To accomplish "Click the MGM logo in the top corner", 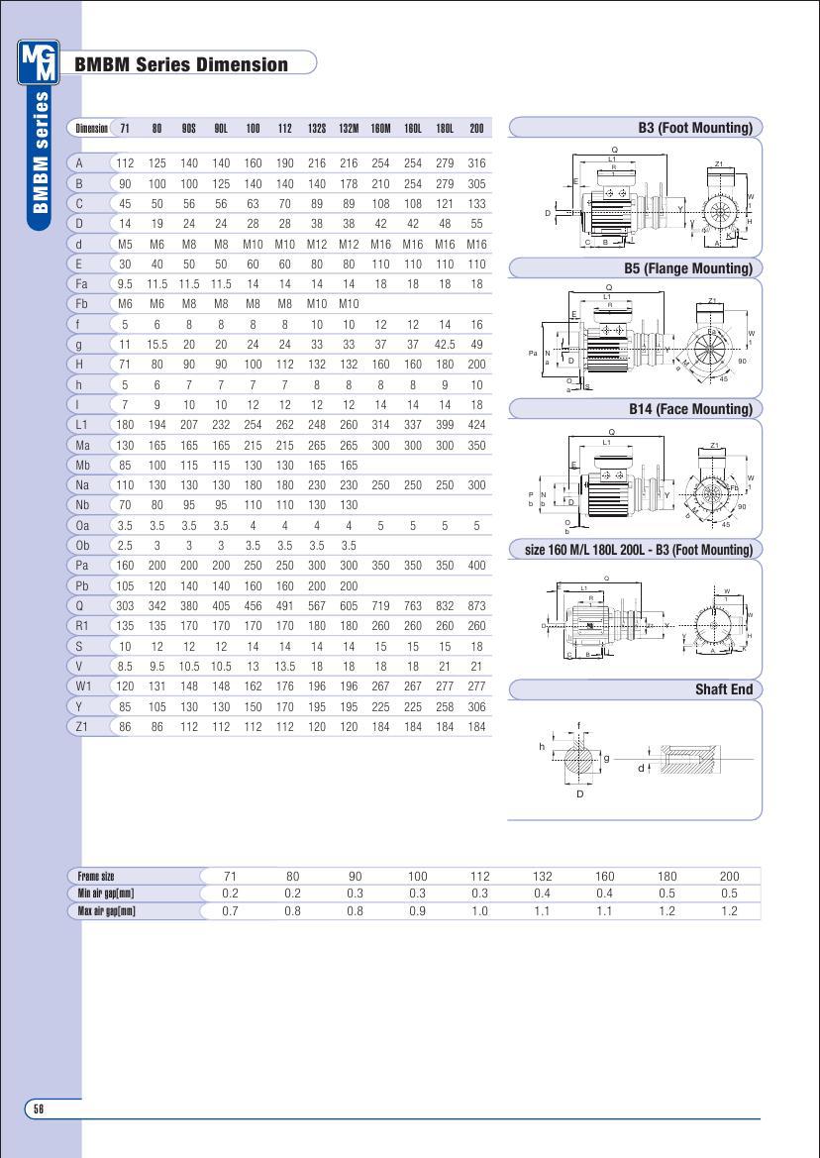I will [x=39, y=62].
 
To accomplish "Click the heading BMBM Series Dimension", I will [x=181, y=65].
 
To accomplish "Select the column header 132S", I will [x=317, y=129].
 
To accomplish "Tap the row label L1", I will [x=83, y=425].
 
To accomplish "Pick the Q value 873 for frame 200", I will [x=476, y=606].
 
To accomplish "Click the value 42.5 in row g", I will [x=445, y=344].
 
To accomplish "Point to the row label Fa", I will [x=83, y=283].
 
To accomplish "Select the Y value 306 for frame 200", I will [x=476, y=706].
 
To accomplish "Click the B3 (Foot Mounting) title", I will [x=695, y=128].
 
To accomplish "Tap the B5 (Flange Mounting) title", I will [x=688, y=268].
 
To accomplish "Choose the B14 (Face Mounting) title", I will [x=690, y=409].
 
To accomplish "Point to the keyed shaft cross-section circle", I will [x=580, y=759].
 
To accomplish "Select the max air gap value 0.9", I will [x=417, y=911].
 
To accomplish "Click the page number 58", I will [x=39, y=1108].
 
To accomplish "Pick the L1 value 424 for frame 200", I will [x=476, y=425].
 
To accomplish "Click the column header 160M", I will [x=380, y=129].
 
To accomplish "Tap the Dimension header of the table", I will [x=92, y=129].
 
